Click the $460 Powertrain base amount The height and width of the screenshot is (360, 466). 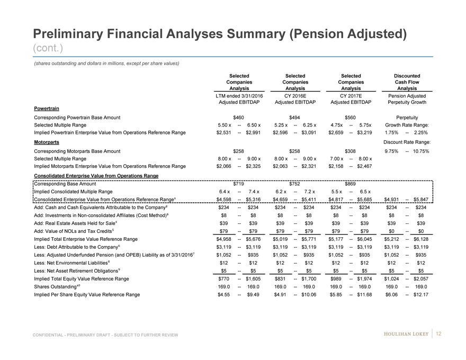click(x=239, y=116)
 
